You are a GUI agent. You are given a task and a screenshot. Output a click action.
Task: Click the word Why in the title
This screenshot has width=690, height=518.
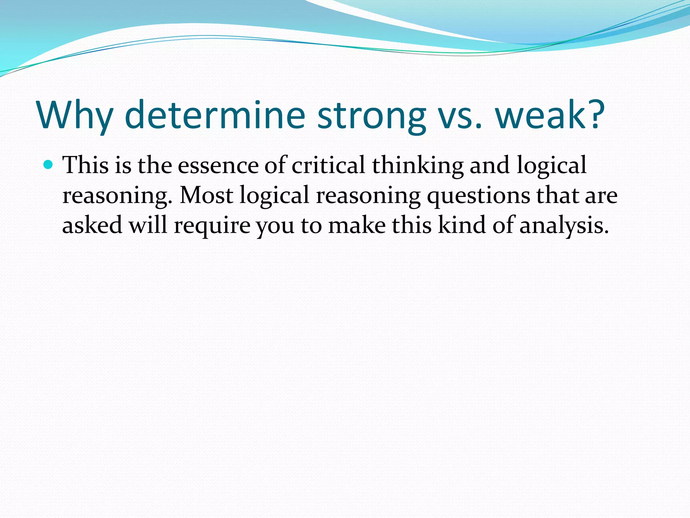[x=75, y=115]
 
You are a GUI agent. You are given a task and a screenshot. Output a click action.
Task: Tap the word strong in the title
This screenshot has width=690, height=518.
[x=372, y=115]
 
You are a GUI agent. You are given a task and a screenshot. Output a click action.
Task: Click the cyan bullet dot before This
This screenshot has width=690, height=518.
[x=49, y=165]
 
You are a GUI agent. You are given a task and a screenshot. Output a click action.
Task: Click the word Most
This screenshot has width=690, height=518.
[x=206, y=195]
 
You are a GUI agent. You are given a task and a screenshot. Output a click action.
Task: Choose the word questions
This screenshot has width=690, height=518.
[x=478, y=196]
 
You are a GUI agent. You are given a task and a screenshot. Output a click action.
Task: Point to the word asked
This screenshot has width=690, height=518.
[x=92, y=225]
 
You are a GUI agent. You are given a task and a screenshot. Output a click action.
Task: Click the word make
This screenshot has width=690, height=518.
[x=357, y=225]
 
